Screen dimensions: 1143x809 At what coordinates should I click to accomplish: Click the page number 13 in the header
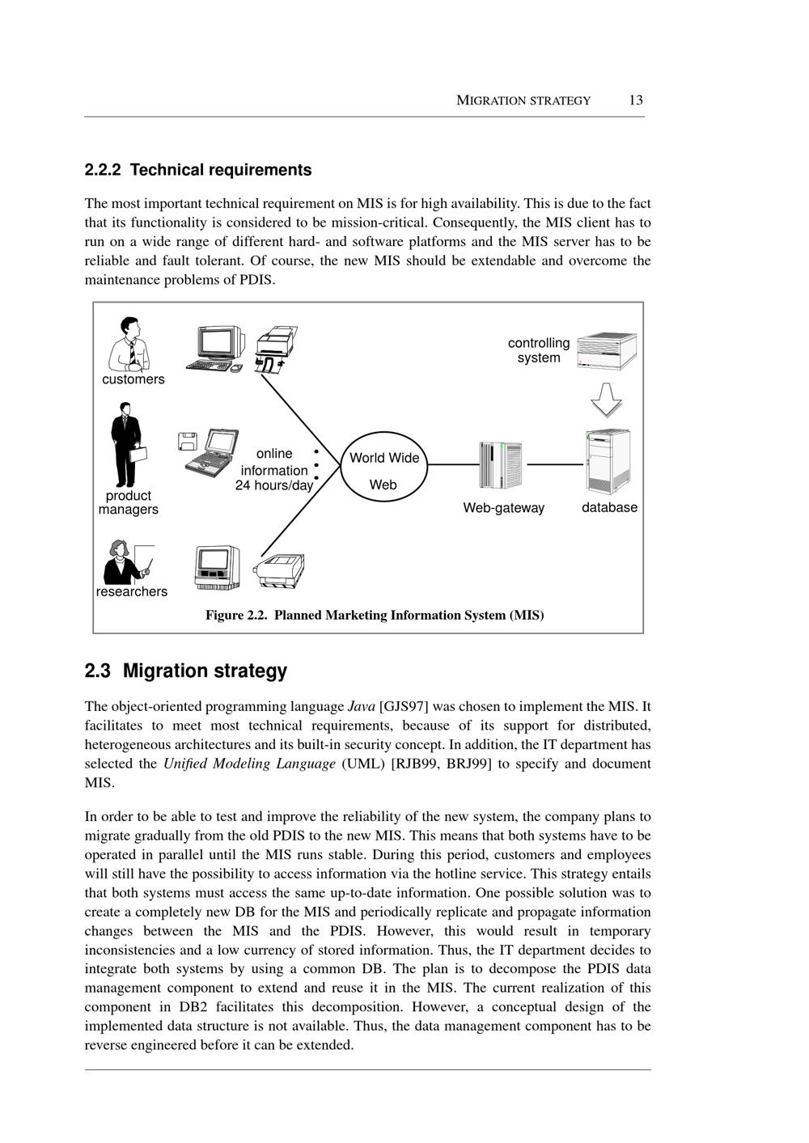coord(636,100)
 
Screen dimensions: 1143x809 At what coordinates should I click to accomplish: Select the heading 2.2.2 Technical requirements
coord(198,170)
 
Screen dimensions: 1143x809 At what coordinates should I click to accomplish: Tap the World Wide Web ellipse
coord(384,470)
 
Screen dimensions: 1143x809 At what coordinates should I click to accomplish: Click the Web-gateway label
coord(503,508)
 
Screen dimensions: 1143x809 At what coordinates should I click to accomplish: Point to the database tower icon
coord(608,462)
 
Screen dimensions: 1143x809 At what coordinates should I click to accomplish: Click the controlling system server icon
coord(607,350)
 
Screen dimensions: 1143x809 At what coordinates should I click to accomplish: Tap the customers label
coord(133,379)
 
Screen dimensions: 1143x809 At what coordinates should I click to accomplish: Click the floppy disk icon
coord(188,441)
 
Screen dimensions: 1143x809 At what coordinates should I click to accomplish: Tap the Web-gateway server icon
coord(500,465)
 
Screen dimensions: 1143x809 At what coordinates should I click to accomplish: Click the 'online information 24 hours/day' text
coord(274,470)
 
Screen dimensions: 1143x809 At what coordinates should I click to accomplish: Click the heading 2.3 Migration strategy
coord(186,671)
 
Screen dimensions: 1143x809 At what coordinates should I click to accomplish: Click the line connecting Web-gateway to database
coord(554,465)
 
